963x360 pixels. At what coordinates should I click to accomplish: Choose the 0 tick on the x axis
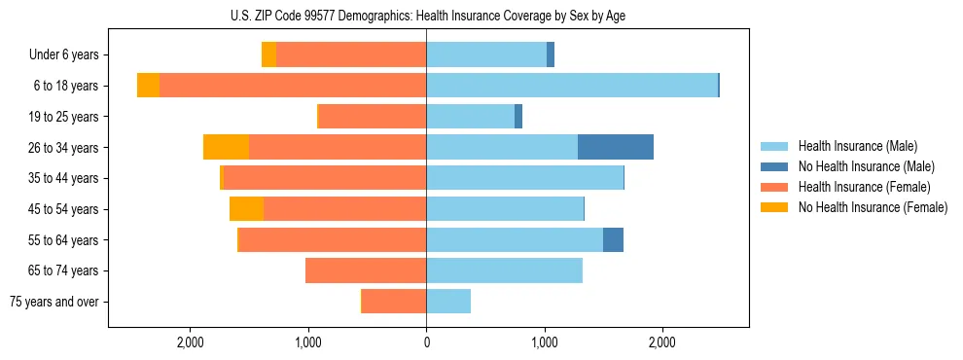[426, 342]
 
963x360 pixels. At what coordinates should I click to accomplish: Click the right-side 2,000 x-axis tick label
[661, 342]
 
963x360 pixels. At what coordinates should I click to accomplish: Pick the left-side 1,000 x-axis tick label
[308, 342]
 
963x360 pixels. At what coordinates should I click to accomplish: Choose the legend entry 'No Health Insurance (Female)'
[873, 207]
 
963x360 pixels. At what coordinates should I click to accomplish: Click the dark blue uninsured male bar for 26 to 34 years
[616, 147]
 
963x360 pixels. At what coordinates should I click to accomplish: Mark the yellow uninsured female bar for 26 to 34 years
[226, 147]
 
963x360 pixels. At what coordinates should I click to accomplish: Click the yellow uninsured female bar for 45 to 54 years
[246, 208]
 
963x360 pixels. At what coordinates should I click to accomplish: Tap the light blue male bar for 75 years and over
[448, 302]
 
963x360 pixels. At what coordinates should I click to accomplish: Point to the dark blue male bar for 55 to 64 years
[613, 239]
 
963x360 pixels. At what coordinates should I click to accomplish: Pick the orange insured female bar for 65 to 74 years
[366, 270]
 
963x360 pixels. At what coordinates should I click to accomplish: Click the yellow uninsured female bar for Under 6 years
[268, 55]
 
